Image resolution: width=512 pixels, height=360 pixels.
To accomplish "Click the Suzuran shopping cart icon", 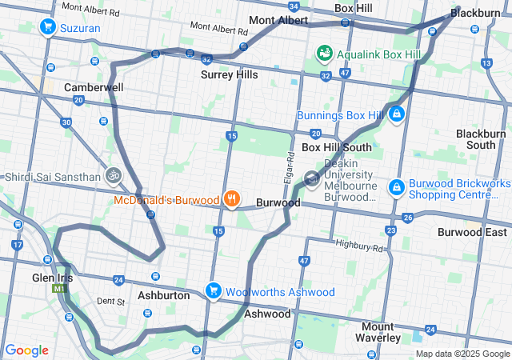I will point(47,27).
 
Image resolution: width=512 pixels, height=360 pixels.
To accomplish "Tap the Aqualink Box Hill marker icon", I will point(325,54).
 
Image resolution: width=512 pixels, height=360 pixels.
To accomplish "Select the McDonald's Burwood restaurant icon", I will point(232,199).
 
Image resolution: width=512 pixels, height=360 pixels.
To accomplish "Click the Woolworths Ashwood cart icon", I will point(213,291).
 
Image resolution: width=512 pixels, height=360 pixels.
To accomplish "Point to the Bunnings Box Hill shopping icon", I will point(396,115).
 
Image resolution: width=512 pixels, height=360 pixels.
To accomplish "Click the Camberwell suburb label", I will point(94,86).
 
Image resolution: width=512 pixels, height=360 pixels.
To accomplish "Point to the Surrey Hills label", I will point(229,74).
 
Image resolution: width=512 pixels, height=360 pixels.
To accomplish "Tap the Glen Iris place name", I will point(54,277).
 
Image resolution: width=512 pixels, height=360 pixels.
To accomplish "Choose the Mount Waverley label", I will point(377,332).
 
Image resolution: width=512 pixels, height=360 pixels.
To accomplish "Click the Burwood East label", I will point(472,232).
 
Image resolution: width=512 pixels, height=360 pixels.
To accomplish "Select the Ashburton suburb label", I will point(163,295).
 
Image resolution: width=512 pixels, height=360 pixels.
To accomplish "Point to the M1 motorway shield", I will point(58,289).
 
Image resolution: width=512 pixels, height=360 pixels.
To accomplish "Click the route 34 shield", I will point(295,7).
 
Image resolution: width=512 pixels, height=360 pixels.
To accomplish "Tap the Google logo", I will point(26,350).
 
